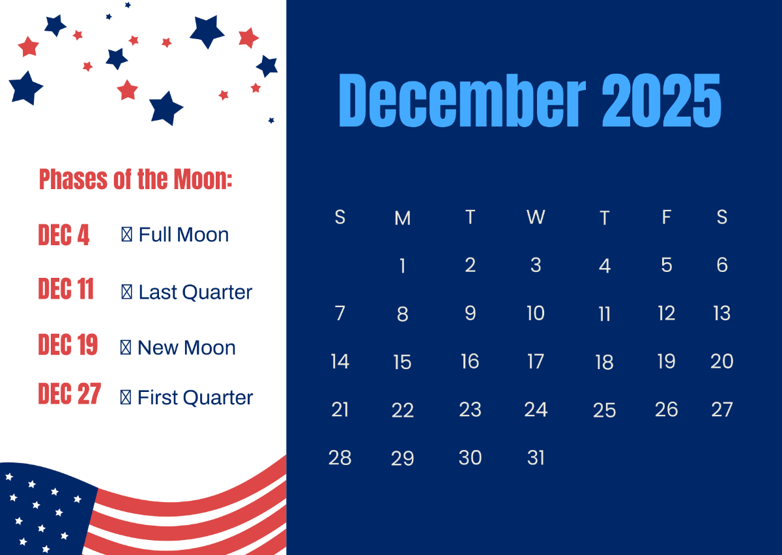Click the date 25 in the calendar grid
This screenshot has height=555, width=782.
click(x=605, y=410)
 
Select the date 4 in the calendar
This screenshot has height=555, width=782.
click(x=605, y=266)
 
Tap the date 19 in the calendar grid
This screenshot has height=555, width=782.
click(x=666, y=361)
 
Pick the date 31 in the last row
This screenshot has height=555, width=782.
click(x=536, y=458)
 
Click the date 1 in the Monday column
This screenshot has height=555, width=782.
click(x=403, y=266)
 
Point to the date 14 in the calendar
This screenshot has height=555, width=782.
click(x=340, y=361)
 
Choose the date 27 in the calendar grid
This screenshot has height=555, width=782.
click(x=722, y=410)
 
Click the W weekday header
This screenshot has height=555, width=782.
click(x=536, y=217)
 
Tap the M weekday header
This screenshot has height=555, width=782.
click(x=403, y=218)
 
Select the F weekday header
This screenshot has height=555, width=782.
click(x=666, y=217)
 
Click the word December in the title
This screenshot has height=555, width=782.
click(x=461, y=100)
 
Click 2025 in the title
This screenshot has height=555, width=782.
click(x=661, y=100)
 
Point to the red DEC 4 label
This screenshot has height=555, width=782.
click(x=64, y=235)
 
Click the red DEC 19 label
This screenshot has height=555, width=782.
click(x=68, y=345)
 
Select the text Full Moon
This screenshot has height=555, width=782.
click(x=183, y=235)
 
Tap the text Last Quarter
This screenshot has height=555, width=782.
click(x=195, y=292)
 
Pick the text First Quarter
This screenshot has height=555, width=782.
click(x=195, y=397)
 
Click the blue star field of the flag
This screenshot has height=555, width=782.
click(x=39, y=505)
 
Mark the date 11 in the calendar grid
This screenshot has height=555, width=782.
click(x=605, y=314)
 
